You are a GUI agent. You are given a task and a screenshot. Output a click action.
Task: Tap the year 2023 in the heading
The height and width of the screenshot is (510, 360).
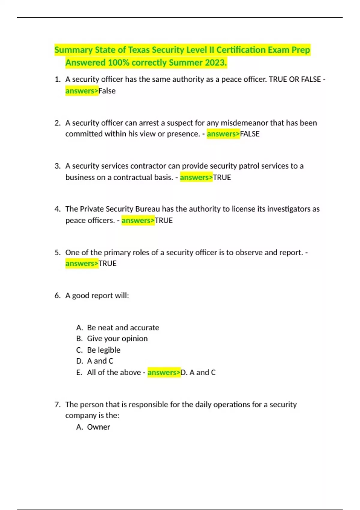[x=216, y=63]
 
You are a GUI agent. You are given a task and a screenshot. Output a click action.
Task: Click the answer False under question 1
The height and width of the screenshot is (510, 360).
[x=107, y=91]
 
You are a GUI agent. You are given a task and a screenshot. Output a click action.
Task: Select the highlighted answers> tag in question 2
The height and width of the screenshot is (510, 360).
[x=223, y=134]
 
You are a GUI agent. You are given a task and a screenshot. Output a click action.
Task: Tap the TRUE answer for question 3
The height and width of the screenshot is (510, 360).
[x=222, y=178]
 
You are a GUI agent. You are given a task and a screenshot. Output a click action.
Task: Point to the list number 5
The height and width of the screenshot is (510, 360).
[x=57, y=253]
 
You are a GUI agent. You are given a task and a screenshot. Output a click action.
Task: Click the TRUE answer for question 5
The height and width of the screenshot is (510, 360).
[x=107, y=264]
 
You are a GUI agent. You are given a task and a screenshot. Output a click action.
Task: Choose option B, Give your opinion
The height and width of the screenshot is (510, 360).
[x=117, y=339]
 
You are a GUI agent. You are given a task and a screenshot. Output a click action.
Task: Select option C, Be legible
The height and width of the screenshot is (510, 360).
[x=103, y=350]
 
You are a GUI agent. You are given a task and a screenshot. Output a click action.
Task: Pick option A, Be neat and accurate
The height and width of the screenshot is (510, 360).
[x=123, y=328]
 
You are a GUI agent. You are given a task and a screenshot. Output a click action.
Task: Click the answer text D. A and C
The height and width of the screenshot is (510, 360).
[x=198, y=373]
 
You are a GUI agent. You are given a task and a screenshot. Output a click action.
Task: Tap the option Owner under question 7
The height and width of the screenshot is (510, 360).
[x=98, y=427]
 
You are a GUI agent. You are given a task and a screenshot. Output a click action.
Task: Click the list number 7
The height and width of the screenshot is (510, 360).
[x=57, y=405]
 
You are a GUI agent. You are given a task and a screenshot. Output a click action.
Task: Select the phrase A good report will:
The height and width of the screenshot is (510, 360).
[x=97, y=296]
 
